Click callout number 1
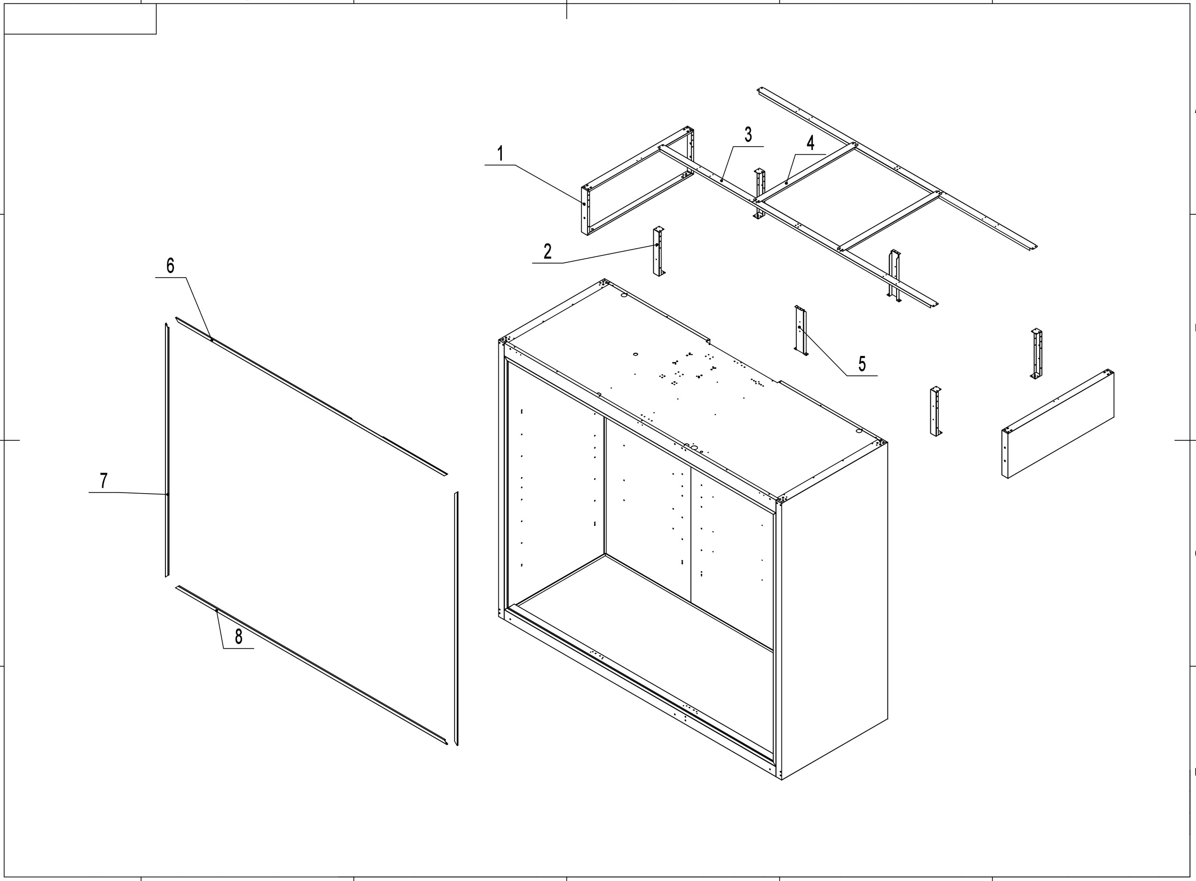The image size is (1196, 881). pos(500,154)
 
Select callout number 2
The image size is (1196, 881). pos(547,252)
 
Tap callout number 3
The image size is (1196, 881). pos(748,136)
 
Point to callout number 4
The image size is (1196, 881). pos(810,144)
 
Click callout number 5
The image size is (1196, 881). pos(862,364)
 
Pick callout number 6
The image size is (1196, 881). pos(170,266)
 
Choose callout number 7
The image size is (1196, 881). pos(104,481)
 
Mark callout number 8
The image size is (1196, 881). pos(238,636)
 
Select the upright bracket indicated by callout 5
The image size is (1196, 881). pos(801,331)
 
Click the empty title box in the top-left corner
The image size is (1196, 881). pos(80,18)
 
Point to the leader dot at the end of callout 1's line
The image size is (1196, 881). pos(584,204)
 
